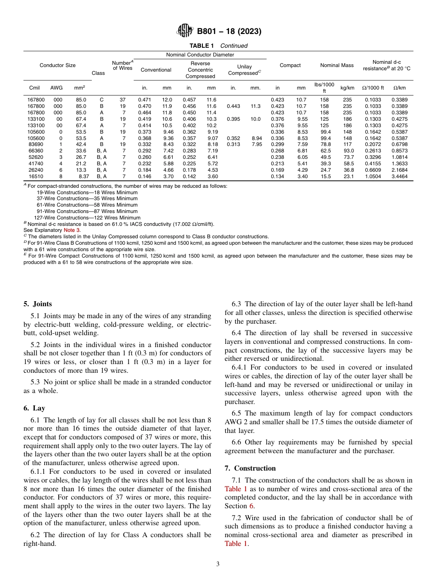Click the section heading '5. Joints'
coord(38,304)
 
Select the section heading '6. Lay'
coord(34,408)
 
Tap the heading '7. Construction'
coord(250,468)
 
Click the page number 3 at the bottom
coord(218,564)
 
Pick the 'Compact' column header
coord(290,65)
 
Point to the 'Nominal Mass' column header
coord(337,65)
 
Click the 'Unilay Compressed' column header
coord(244,70)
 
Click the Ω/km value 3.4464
coord(399,176)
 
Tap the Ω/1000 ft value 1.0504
coord(374,176)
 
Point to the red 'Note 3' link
coord(72,230)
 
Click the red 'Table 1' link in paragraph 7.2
coord(235,544)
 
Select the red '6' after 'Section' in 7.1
coord(252,506)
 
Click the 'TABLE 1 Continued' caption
coord(218,45)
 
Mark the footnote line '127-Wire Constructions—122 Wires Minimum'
coord(87,218)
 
